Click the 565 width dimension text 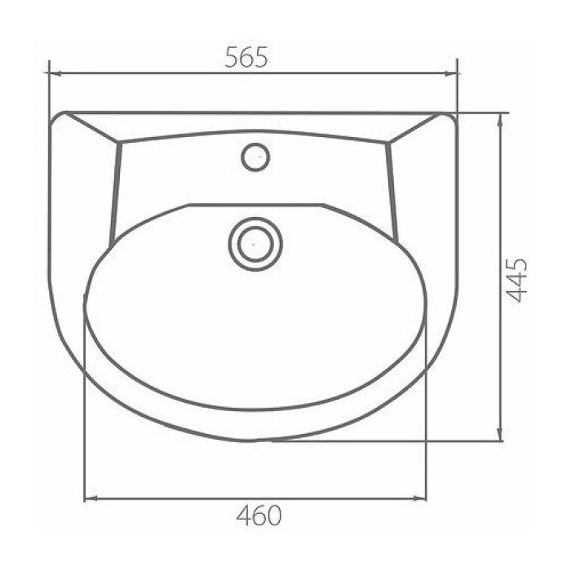pyautogui.click(x=246, y=57)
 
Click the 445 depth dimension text pyautogui.click(x=516, y=281)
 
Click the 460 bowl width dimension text pyautogui.click(x=259, y=515)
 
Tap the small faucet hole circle pyautogui.click(x=255, y=157)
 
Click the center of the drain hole pyautogui.click(x=255, y=244)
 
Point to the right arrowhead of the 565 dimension pyautogui.click(x=452, y=74)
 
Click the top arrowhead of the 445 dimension pyautogui.click(x=501, y=119)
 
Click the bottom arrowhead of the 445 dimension pyautogui.click(x=501, y=435)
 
